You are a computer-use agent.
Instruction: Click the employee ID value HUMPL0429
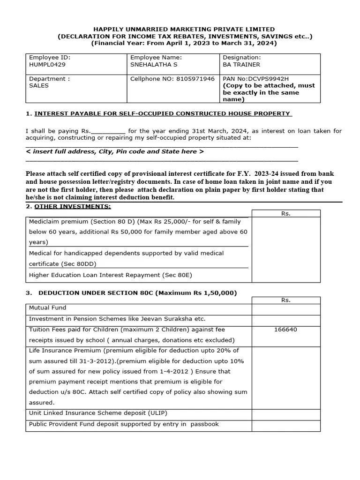[47, 65]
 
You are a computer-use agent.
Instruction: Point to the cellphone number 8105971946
[192, 79]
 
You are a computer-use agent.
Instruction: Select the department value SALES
[39, 86]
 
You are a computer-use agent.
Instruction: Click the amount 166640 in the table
[285, 330]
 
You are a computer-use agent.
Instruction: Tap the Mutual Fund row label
[48, 308]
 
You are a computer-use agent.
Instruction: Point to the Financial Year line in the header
[184, 43]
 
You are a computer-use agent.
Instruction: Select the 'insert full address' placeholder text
[115, 152]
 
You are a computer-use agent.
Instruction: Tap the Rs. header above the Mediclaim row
[285, 214]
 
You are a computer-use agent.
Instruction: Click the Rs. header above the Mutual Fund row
[285, 300]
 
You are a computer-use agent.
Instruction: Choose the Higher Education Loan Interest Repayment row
[111, 275]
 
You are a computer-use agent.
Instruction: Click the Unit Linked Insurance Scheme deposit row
[98, 413]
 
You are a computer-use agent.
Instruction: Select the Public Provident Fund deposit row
[124, 424]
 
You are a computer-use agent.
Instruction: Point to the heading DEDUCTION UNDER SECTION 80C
[137, 293]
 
